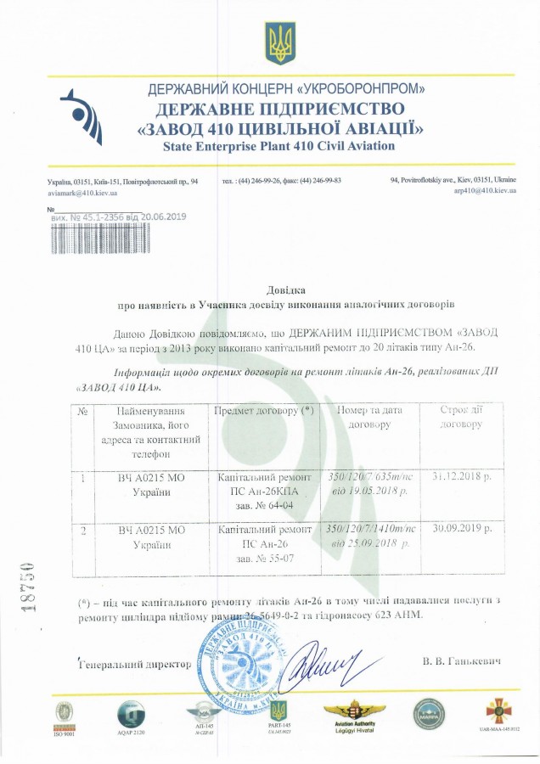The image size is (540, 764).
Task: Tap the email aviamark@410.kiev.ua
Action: [82, 193]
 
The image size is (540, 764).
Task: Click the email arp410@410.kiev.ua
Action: [485, 193]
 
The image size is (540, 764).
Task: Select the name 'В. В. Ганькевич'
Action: [459, 660]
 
